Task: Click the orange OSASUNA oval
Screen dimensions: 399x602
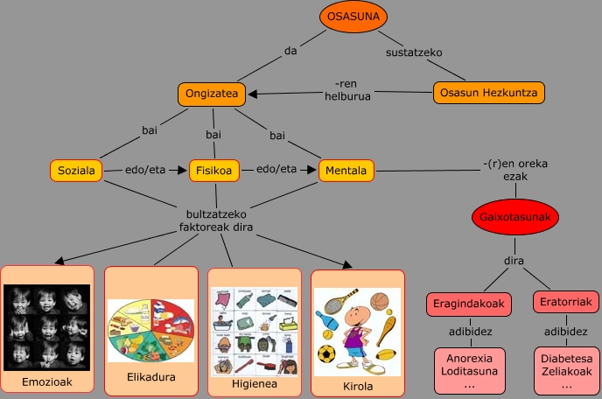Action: tap(352, 17)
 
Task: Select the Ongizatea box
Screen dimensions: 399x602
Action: tap(211, 94)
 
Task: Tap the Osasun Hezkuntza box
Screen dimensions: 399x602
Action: tap(489, 93)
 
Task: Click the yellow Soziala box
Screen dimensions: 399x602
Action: tap(77, 170)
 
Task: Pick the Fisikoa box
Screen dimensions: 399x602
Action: tap(214, 170)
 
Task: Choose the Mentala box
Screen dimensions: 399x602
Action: tap(346, 170)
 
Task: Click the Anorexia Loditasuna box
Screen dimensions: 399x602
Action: tap(471, 371)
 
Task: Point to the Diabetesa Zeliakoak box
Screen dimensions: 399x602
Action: tap(565, 371)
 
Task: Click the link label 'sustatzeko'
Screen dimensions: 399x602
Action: tap(415, 52)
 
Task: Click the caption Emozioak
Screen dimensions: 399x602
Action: tap(46, 382)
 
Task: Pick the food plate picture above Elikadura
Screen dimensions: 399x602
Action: tap(150, 331)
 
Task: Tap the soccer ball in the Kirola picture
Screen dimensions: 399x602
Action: tap(327, 353)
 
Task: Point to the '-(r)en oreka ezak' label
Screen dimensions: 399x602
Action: tap(507, 168)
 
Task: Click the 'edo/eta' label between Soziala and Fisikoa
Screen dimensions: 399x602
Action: tap(146, 169)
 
